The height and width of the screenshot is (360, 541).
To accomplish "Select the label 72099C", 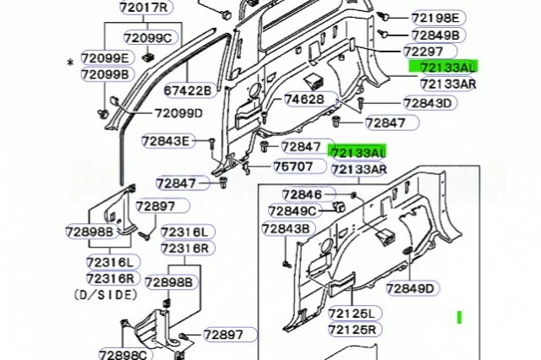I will pyautogui.click(x=147, y=37).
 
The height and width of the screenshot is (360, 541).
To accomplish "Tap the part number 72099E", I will pyautogui.click(x=106, y=57).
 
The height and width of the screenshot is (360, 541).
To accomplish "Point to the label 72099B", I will pyautogui.click(x=106, y=74).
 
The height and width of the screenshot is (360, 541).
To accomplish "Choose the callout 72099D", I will pyautogui.click(x=178, y=113).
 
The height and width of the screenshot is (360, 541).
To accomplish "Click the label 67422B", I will pyautogui.click(x=188, y=90).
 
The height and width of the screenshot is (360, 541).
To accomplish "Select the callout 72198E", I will pyautogui.click(x=435, y=18).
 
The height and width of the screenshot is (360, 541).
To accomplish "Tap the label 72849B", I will pyautogui.click(x=435, y=35).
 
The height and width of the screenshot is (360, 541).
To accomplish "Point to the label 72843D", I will pyautogui.click(x=428, y=103).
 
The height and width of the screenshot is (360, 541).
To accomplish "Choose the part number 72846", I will pyautogui.click(x=303, y=194).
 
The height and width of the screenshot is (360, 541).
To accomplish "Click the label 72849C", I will pyautogui.click(x=292, y=210).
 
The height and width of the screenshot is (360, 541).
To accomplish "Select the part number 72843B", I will pyautogui.click(x=287, y=228).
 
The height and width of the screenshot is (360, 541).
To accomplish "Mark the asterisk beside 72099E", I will pyautogui.click(x=69, y=63).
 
